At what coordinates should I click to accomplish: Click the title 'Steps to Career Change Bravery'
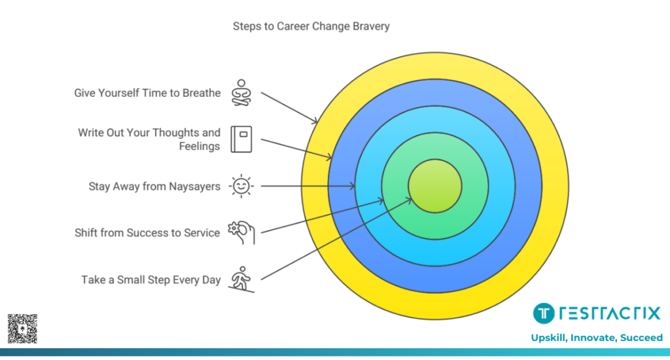point(311,27)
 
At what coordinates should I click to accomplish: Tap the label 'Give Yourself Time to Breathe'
point(147,93)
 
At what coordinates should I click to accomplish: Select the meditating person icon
point(241,93)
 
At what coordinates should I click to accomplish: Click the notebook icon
point(241,139)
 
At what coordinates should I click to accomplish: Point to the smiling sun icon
point(241,187)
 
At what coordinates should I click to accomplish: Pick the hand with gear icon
point(241,232)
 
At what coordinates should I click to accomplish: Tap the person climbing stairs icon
point(241,279)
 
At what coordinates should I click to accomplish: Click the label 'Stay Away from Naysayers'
point(154,187)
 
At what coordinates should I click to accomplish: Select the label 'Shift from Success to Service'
point(147,233)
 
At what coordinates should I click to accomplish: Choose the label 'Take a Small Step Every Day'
point(151,279)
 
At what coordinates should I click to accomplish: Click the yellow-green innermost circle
point(435,187)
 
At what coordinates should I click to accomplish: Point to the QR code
point(22,329)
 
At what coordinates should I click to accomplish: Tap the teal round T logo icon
point(543,314)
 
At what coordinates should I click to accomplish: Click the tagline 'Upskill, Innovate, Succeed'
point(597,338)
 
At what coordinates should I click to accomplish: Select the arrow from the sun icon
point(308,187)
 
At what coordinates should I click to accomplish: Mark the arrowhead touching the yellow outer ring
point(316,122)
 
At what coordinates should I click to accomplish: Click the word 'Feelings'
point(200,146)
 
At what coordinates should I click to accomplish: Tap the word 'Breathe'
point(201,93)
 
